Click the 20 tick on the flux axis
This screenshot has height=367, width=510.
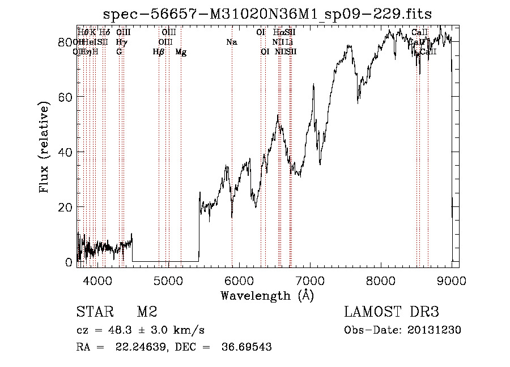66,207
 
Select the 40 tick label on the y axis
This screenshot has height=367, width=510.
66,152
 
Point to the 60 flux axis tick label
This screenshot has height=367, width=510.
66,97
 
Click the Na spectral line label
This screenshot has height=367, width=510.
231,42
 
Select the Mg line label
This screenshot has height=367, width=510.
181,52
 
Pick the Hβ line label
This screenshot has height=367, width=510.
159,52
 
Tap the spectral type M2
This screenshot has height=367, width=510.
147,313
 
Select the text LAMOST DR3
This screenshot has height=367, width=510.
392,313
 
